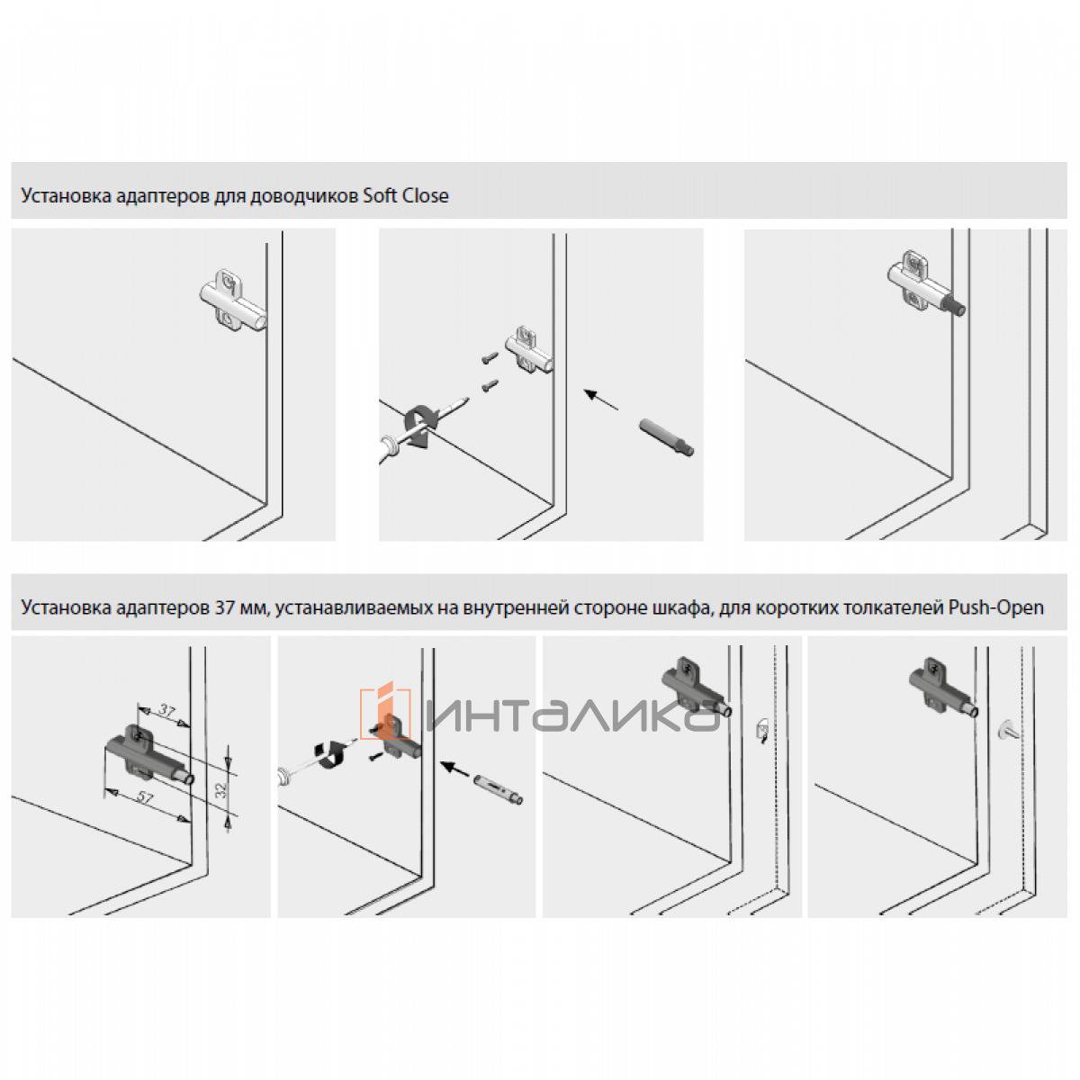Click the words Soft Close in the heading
click(x=406, y=196)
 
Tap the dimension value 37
click(x=166, y=711)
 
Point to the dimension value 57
click(x=145, y=797)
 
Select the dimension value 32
click(x=221, y=790)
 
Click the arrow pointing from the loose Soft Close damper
click(x=601, y=400)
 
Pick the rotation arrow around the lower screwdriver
click(x=330, y=754)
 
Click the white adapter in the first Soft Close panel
click(x=232, y=300)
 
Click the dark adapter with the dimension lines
click(x=148, y=754)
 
